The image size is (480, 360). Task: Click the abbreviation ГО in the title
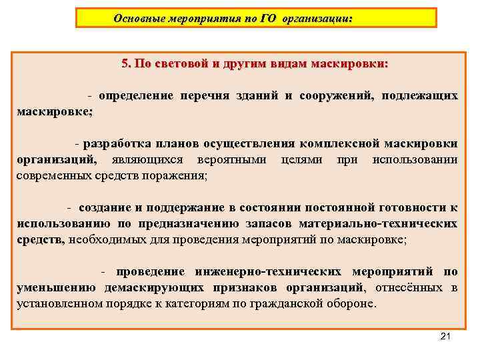pos(267,19)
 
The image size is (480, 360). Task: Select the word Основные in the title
pos(138,19)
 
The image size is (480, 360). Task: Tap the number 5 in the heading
pos(125,64)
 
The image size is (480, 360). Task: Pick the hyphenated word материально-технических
pos(378,224)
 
